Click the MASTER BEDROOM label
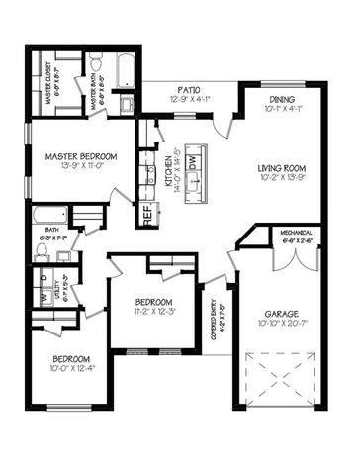click(x=82, y=156)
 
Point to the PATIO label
click(x=183, y=88)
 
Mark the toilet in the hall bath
click(x=42, y=250)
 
